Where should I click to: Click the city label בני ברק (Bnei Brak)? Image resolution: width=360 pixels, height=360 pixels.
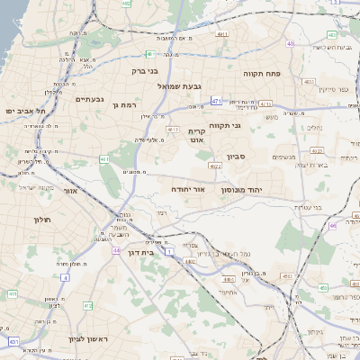144,70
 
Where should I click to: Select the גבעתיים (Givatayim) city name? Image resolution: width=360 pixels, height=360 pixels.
90,99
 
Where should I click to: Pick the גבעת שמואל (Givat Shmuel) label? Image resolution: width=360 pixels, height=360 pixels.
178,86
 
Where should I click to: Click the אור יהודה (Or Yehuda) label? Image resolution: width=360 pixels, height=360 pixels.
188,191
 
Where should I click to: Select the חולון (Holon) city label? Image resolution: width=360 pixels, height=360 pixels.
44,220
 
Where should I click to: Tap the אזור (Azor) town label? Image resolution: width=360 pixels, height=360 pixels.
71,191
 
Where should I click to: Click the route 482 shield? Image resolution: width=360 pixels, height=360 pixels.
126,4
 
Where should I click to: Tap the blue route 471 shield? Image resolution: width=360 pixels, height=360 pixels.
217,101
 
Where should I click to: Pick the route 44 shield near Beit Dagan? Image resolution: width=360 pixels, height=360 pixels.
116,250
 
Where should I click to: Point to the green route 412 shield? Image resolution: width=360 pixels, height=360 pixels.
87,307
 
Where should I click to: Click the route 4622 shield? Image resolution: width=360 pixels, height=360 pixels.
215,166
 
